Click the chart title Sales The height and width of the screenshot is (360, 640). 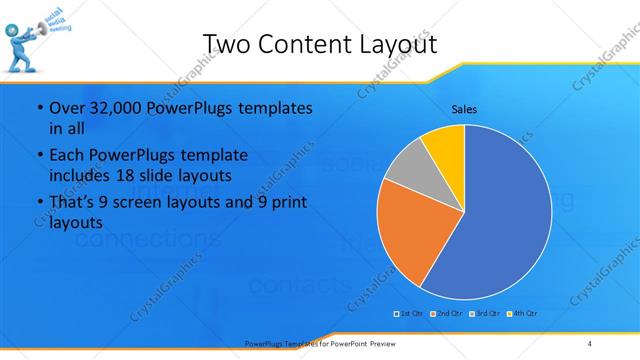[464, 108]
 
